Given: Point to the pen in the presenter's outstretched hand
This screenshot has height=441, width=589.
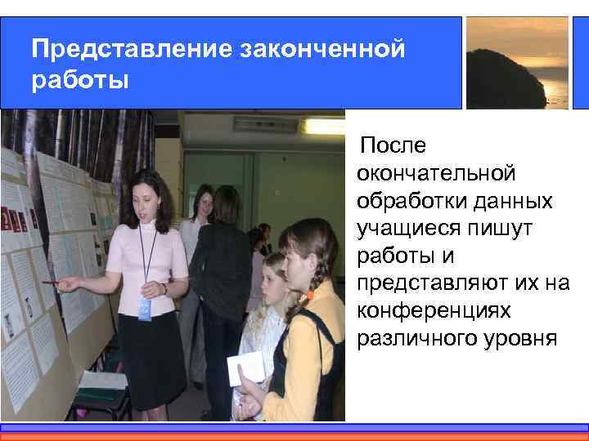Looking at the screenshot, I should coord(52,282).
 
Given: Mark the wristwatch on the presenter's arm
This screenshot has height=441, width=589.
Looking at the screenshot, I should coord(164,288).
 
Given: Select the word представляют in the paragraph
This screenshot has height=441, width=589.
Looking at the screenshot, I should coord(436,284).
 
